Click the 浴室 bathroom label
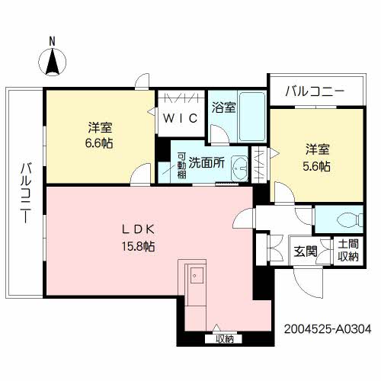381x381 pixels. coord(224,109)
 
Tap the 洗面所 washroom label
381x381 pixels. coord(206,162)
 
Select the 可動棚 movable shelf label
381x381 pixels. coord(181,162)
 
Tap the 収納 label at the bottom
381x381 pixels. coord(223,338)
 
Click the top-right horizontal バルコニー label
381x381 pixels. coord(315,91)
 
